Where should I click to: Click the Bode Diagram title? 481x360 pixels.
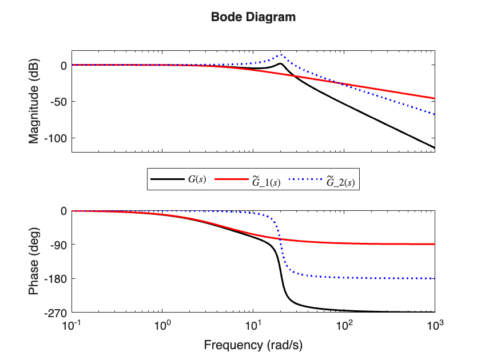click(x=253, y=17)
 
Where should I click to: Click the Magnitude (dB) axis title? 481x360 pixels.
click(x=34, y=101)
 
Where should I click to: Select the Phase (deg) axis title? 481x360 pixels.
click(x=34, y=261)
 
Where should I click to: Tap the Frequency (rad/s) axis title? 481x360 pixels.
click(x=253, y=345)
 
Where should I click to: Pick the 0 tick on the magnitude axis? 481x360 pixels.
click(x=64, y=65)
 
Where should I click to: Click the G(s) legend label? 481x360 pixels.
click(x=197, y=179)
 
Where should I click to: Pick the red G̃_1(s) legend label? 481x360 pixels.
click(x=266, y=181)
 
